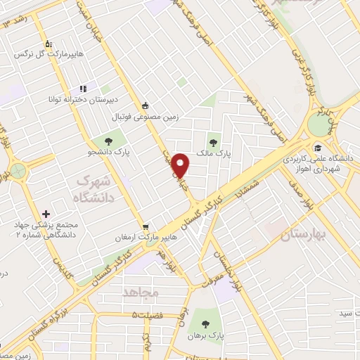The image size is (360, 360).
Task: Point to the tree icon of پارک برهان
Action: [x=205, y=324]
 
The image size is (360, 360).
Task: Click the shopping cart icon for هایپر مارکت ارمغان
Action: [x=146, y=226]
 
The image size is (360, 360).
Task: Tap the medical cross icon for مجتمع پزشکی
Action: [x=46, y=213]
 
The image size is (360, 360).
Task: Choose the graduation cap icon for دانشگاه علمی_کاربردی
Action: [x=318, y=148]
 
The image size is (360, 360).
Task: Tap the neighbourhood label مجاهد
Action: [x=141, y=291]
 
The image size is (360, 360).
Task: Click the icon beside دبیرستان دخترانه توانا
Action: [x=83, y=89]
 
